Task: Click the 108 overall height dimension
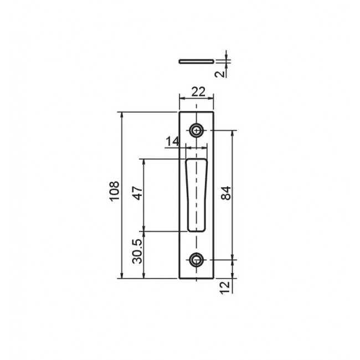point(114,191)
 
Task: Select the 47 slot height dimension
point(138,193)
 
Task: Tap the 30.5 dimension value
point(137,251)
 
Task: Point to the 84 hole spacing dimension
point(226,193)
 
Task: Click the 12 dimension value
point(225,287)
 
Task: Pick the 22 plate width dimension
point(198,92)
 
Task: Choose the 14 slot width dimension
point(172,141)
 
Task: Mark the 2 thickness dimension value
point(220,74)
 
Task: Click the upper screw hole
point(196,131)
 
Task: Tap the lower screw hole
point(196,260)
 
